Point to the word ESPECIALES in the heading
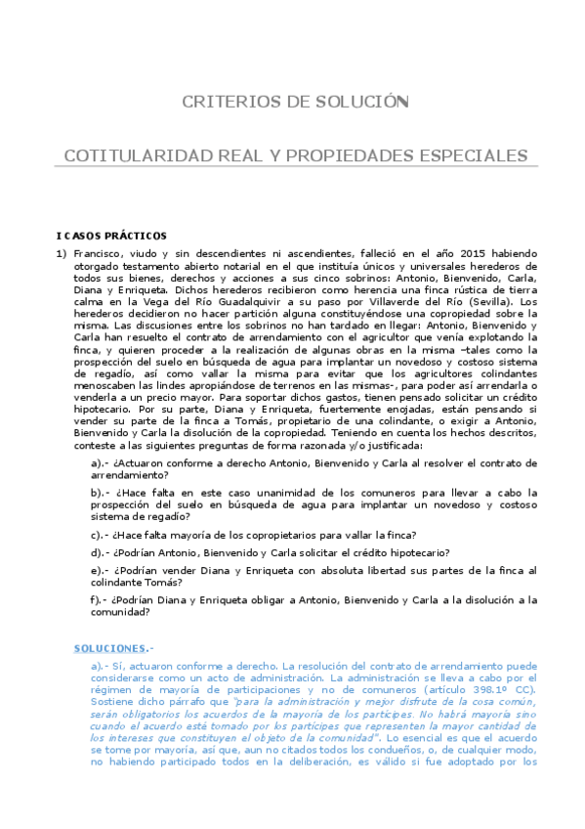pos(469,156)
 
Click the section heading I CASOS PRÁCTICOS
pos(111,236)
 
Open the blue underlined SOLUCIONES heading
pos(109,648)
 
